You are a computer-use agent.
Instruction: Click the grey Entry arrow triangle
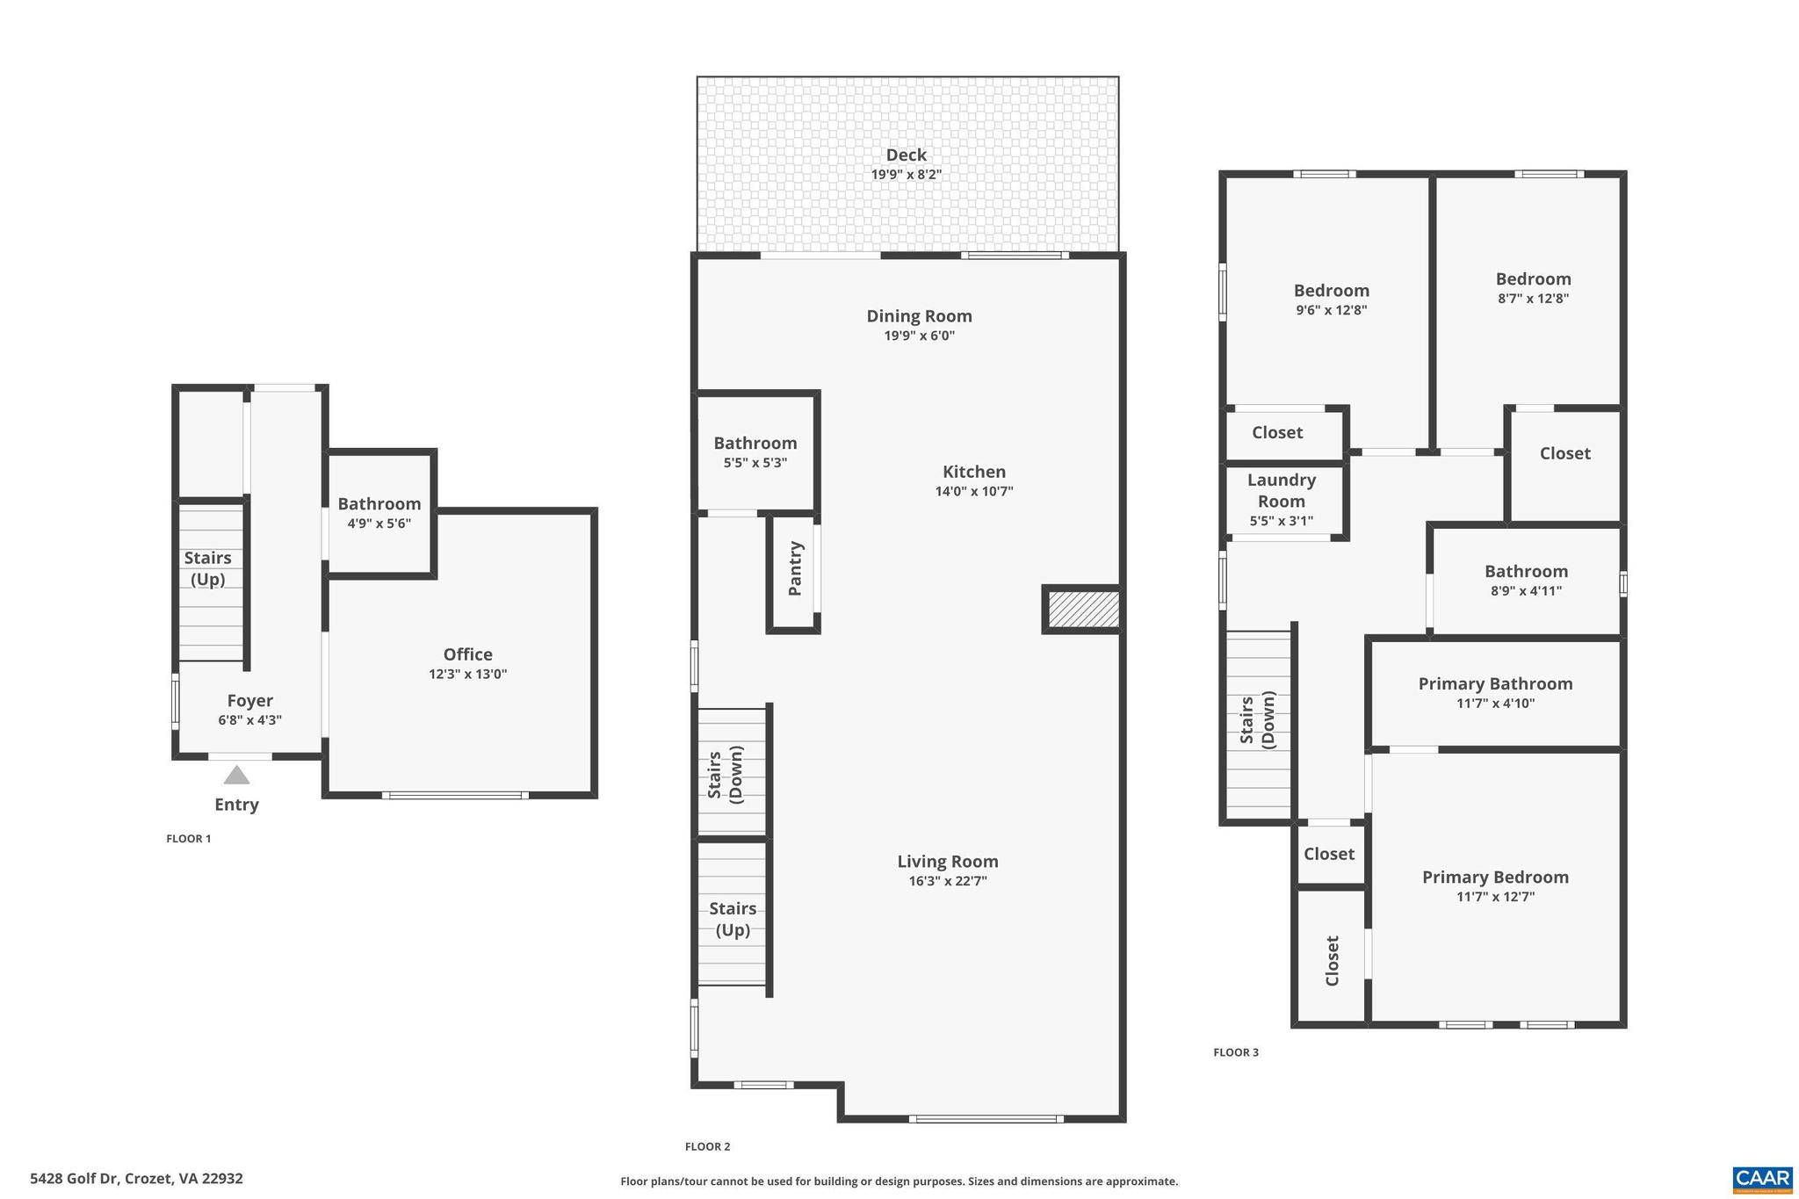(236, 776)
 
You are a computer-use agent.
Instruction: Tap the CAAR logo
(1762, 1179)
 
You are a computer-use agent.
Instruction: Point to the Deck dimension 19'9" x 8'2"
(906, 175)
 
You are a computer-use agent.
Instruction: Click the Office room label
(467, 654)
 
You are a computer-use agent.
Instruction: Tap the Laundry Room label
(1281, 490)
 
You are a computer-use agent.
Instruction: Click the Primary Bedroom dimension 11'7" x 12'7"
(1495, 897)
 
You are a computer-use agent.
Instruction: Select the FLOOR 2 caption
(707, 1146)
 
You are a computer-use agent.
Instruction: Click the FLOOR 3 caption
(1235, 1052)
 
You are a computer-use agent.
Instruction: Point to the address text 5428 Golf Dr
(136, 1179)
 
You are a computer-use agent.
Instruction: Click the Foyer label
(249, 701)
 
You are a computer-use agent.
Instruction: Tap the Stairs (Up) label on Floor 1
(207, 568)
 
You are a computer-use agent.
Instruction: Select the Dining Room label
(919, 316)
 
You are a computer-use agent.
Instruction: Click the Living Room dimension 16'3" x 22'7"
(948, 881)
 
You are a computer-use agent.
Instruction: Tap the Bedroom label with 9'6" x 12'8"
(1331, 291)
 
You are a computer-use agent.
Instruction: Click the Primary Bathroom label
(1495, 683)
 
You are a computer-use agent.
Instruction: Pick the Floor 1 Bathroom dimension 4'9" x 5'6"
(379, 524)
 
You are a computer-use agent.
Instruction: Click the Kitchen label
(973, 472)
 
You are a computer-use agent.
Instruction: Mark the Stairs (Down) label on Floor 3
(1256, 720)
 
